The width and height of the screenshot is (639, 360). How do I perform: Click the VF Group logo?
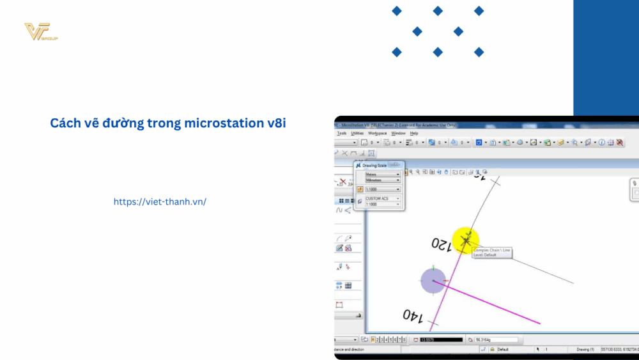41,32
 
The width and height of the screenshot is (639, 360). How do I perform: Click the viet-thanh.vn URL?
160,201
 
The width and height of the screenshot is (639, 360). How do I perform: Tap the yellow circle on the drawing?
465,240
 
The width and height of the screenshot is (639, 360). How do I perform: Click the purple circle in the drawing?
433,281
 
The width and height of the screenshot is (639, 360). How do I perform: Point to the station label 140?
414,315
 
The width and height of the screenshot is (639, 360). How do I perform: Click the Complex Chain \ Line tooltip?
491,253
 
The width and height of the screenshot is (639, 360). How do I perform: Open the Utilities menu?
357,133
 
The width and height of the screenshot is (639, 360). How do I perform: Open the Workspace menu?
377,133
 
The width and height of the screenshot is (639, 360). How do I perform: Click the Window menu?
398,133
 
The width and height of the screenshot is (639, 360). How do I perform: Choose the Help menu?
414,133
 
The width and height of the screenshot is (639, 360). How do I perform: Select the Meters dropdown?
382,174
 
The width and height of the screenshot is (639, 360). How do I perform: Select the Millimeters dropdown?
382,180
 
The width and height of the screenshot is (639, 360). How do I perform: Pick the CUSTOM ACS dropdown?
382,199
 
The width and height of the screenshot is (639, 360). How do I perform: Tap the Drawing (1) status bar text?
585,350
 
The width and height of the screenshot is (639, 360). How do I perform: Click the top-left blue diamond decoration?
397,11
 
